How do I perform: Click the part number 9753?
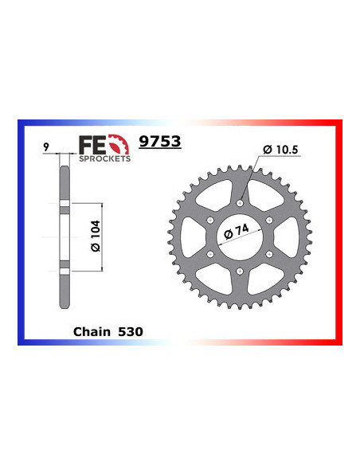click(160, 143)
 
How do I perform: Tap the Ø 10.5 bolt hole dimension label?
click(277, 149)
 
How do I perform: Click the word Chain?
click(88, 329)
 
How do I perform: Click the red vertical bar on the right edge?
click(340, 231)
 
